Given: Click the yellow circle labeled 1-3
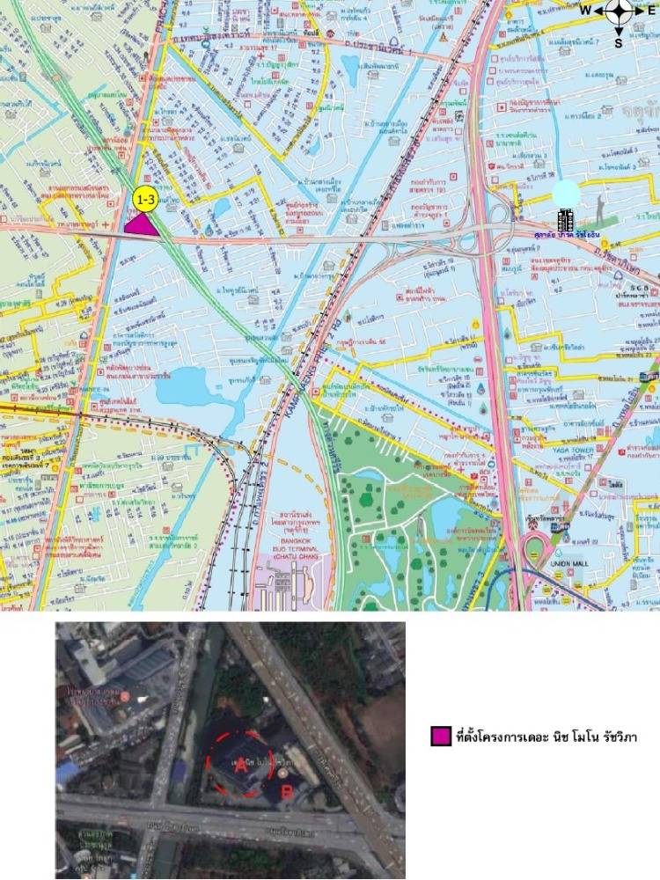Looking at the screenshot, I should pos(144,200).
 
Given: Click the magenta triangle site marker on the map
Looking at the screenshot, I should pos(142,225).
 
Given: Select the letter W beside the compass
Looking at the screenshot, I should pos(585,11).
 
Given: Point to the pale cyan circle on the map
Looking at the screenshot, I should pos(565,194).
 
